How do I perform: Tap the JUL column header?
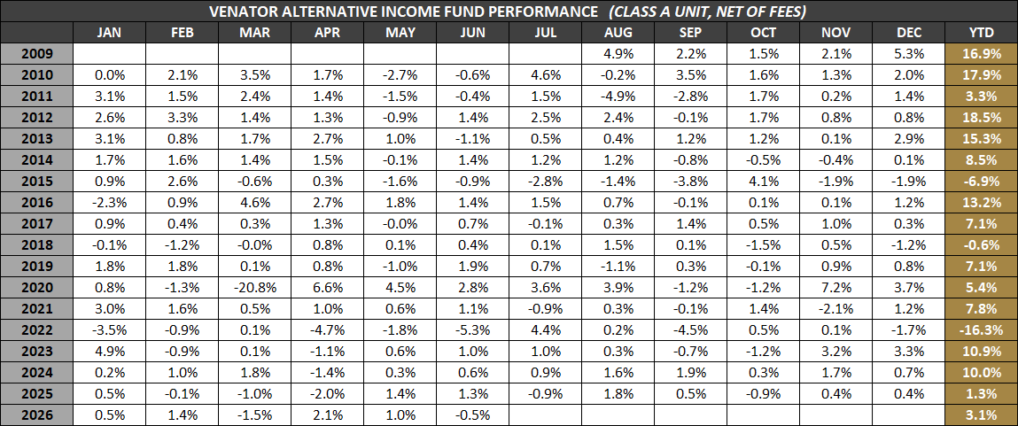click(x=546, y=33)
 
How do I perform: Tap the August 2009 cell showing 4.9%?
click(x=618, y=54)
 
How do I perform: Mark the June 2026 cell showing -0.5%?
click(x=472, y=415)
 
